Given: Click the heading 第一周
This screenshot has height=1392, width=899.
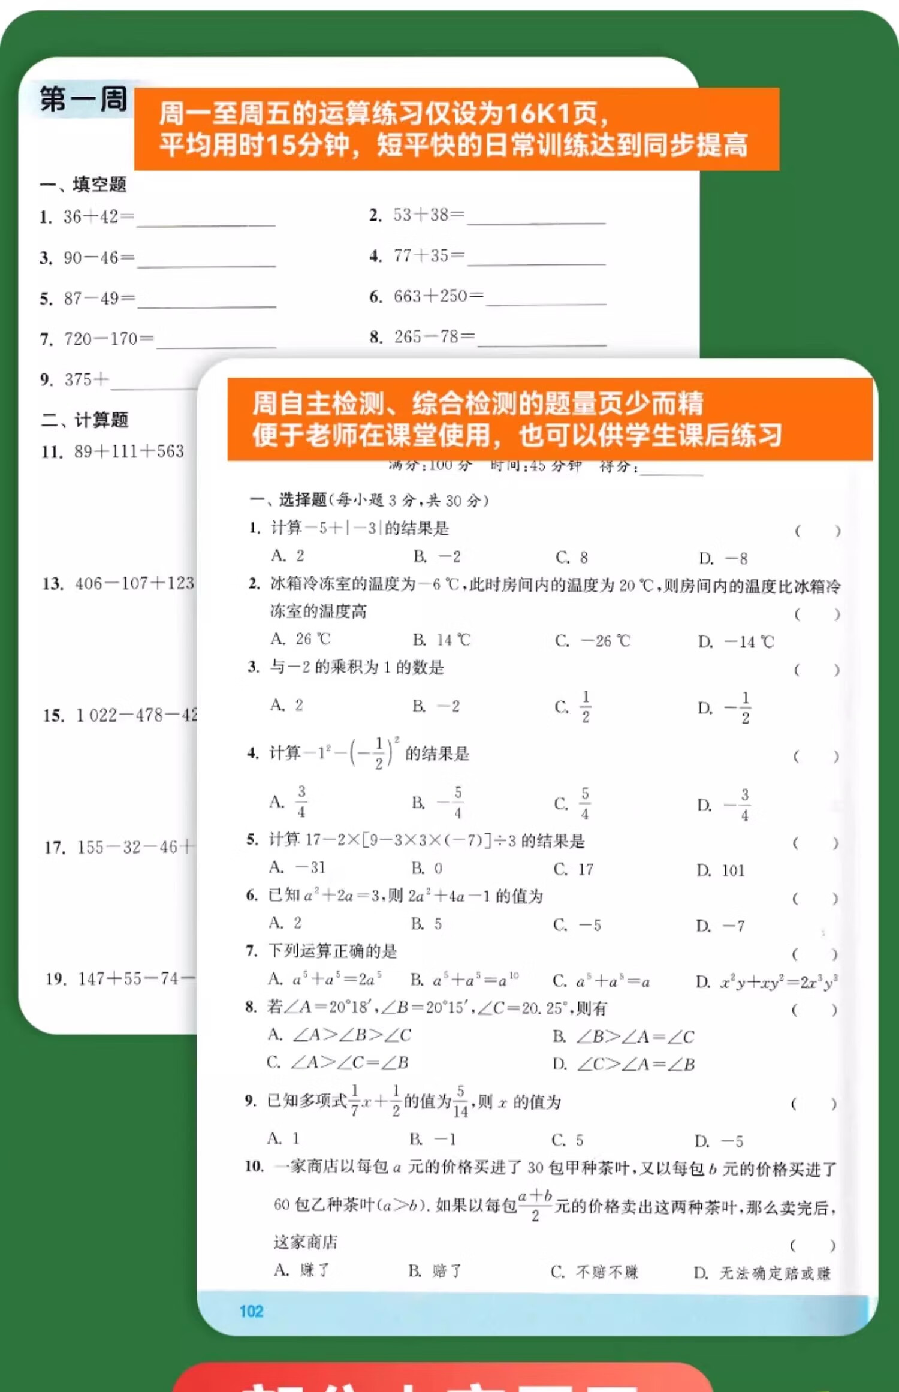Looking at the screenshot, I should click(84, 99).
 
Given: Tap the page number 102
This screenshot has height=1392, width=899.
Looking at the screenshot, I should click(251, 1311).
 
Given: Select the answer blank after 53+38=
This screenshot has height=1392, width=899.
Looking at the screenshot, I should click(536, 217).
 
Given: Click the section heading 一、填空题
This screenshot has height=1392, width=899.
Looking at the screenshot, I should click(83, 185).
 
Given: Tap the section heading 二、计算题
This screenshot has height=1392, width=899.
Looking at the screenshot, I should click(85, 420).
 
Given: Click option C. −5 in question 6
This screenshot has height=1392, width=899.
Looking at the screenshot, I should click(577, 925).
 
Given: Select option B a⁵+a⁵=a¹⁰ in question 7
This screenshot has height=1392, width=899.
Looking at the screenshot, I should click(464, 980).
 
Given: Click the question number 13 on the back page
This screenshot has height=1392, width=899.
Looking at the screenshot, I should click(53, 583).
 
